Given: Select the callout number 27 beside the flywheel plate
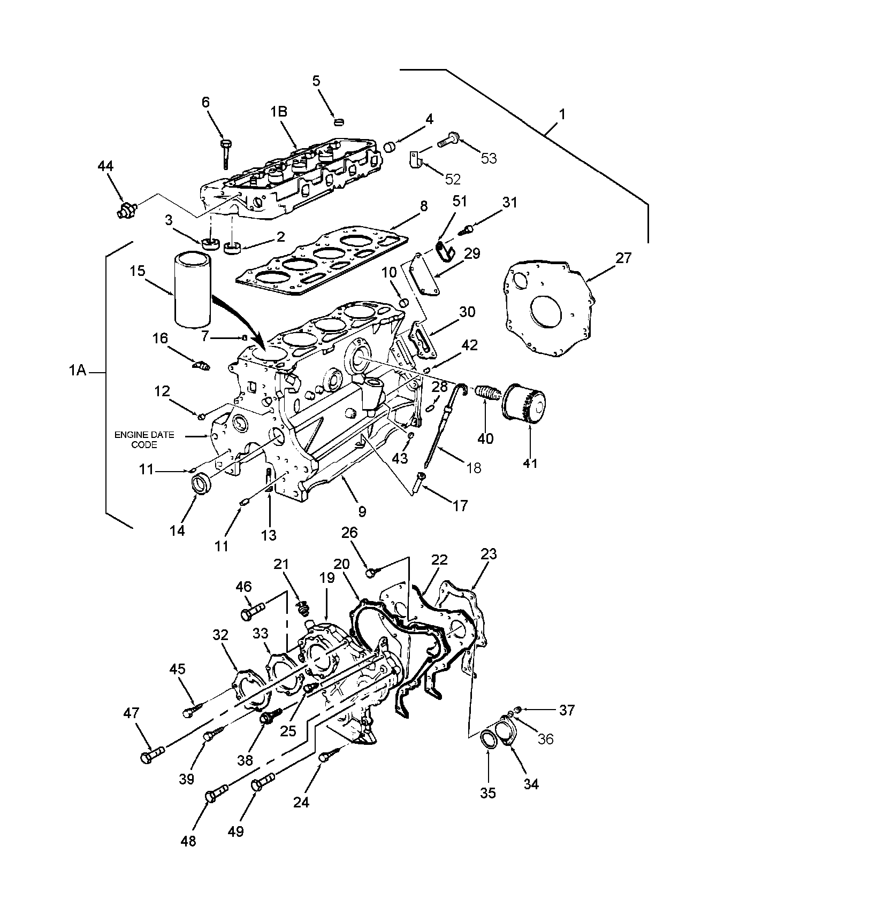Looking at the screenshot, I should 623,258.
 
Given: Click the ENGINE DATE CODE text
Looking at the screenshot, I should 144,440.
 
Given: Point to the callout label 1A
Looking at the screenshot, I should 78,370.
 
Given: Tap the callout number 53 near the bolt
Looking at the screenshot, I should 489,158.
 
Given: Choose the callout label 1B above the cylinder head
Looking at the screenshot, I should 279,111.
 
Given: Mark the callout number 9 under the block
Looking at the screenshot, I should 362,512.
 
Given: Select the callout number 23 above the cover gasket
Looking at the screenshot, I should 489,554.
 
